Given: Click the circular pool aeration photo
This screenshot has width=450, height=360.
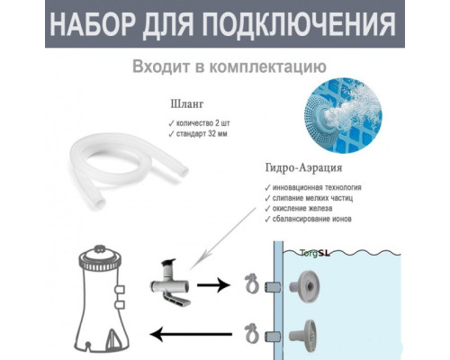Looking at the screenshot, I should click(342, 113).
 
